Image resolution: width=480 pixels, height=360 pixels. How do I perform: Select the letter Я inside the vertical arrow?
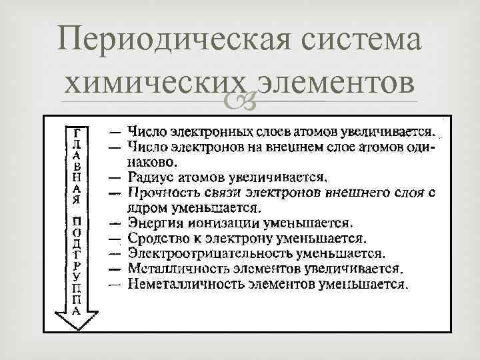pyautogui.click(x=77, y=198)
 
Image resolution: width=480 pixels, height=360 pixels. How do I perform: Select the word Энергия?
pyautogui.click(x=153, y=222)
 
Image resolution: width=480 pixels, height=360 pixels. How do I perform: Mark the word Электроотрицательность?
pyautogui.click(x=200, y=253)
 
